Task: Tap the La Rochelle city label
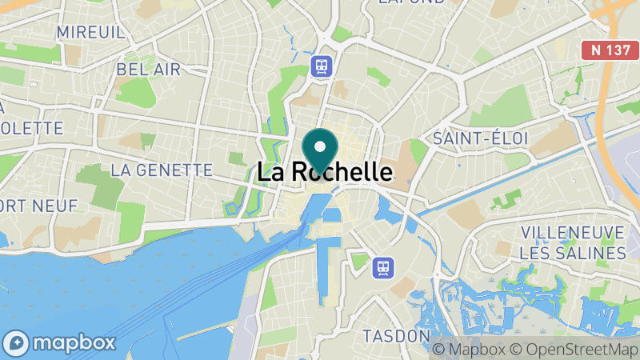click(325, 172)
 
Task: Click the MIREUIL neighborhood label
click(90, 32)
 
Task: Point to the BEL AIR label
click(149, 70)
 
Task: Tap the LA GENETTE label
click(162, 170)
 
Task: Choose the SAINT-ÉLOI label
click(481, 138)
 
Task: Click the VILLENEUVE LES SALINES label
click(572, 242)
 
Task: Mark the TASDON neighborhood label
click(397, 335)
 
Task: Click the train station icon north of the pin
click(322, 65)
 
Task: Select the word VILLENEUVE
click(572, 232)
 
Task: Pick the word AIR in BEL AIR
click(167, 70)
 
